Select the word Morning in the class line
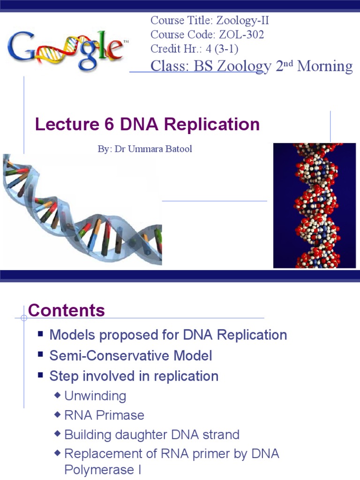325,66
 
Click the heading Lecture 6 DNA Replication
148,124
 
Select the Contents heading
67,310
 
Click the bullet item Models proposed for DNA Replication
168,335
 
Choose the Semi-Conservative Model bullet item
131,356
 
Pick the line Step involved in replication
134,376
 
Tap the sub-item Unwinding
95,396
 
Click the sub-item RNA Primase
104,415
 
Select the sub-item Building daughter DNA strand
152,435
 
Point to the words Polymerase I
103,469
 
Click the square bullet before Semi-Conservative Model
41,355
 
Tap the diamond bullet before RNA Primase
58,415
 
